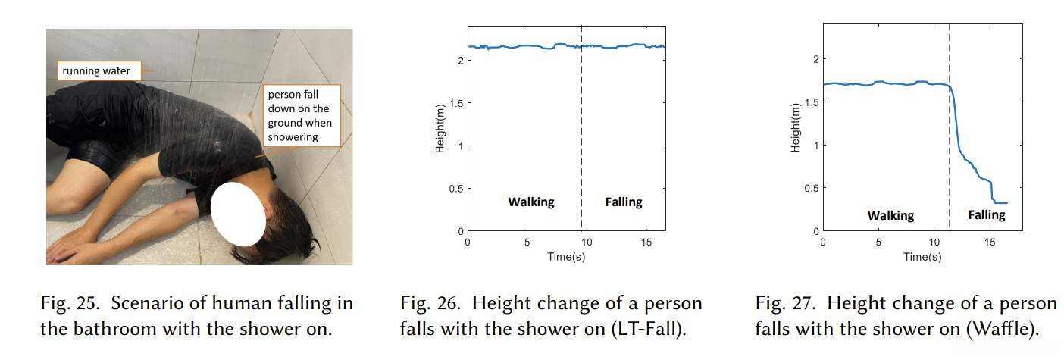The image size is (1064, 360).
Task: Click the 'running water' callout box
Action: [96, 72]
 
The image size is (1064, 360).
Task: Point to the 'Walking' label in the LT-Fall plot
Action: [530, 202]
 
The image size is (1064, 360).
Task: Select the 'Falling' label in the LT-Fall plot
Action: [623, 202]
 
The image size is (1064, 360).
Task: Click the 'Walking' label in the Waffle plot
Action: [890, 215]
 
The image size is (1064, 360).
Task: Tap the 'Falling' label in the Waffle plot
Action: [986, 215]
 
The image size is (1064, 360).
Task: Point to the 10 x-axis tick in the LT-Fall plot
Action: [587, 242]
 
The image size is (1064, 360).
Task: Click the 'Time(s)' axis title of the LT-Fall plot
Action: [566, 256]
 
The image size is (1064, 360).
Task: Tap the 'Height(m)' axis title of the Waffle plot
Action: [796, 130]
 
